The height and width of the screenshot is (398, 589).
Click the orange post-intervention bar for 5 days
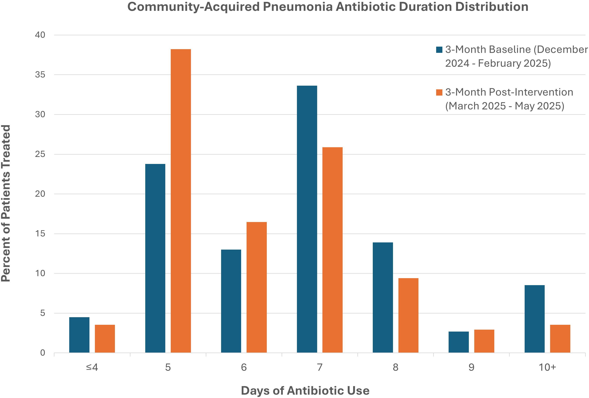[x=181, y=201]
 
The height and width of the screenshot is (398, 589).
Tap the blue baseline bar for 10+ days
[x=535, y=319]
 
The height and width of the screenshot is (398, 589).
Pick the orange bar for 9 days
[x=484, y=341]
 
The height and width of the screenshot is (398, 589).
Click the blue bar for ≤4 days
[x=79, y=335]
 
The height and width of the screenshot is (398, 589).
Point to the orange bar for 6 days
[x=256, y=287]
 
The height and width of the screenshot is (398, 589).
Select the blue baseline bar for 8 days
[x=383, y=298]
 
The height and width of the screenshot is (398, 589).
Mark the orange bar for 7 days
[x=332, y=250]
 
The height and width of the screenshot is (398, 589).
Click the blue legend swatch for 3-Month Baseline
[x=439, y=50]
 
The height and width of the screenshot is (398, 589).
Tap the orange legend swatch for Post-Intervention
[x=439, y=92]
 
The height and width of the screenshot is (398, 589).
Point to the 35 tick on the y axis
[x=40, y=75]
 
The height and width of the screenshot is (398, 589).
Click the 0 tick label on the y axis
[x=43, y=353]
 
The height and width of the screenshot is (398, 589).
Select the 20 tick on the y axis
[x=40, y=194]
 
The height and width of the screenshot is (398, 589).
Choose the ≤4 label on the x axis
[x=92, y=367]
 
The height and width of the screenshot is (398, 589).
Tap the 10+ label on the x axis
[x=547, y=367]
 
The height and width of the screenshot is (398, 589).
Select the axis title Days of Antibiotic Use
[x=305, y=390]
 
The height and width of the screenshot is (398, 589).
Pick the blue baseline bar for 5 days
[x=155, y=258]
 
